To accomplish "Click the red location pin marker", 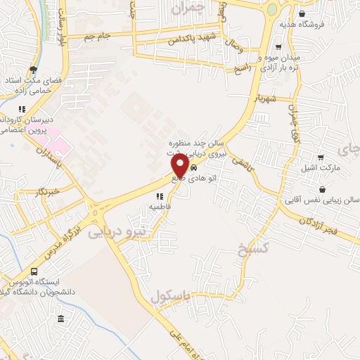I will tap(180, 167).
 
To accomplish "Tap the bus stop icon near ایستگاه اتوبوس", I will tap(34, 272).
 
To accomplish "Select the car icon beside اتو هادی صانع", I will tap(193, 169).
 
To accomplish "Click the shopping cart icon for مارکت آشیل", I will tap(321, 157).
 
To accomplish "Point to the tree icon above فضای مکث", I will tap(33, 69).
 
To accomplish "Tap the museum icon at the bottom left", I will tap(61, 319).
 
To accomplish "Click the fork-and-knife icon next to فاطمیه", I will tap(160, 196).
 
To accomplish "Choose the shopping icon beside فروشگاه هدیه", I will tap(302, 13).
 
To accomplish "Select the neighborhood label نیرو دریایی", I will tap(120, 231).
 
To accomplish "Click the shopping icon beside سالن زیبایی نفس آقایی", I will tap(322, 190).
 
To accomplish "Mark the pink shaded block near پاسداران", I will tap(59, 143).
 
